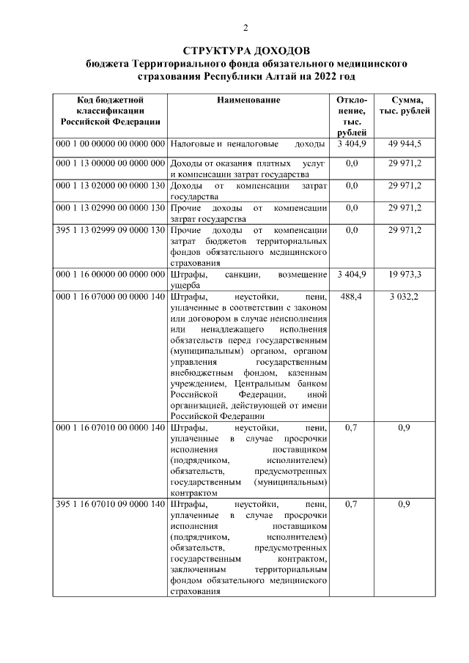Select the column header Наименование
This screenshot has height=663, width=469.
pyautogui.click(x=248, y=100)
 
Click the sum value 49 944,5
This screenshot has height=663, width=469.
pyautogui.click(x=405, y=144)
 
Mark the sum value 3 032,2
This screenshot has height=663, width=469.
pyautogui.click(x=405, y=297)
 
